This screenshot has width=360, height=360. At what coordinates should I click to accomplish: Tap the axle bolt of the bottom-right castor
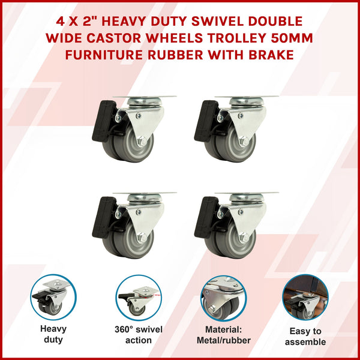pos(244,238)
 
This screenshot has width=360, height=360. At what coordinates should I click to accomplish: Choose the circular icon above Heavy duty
pos(53,298)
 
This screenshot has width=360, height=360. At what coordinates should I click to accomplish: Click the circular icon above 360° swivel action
pos(139,298)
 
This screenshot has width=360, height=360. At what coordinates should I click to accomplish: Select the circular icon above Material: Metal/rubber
pos(224,298)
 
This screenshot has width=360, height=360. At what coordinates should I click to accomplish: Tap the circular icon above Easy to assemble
pos(306,298)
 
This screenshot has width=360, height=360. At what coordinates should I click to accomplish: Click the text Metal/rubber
pos(224,340)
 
